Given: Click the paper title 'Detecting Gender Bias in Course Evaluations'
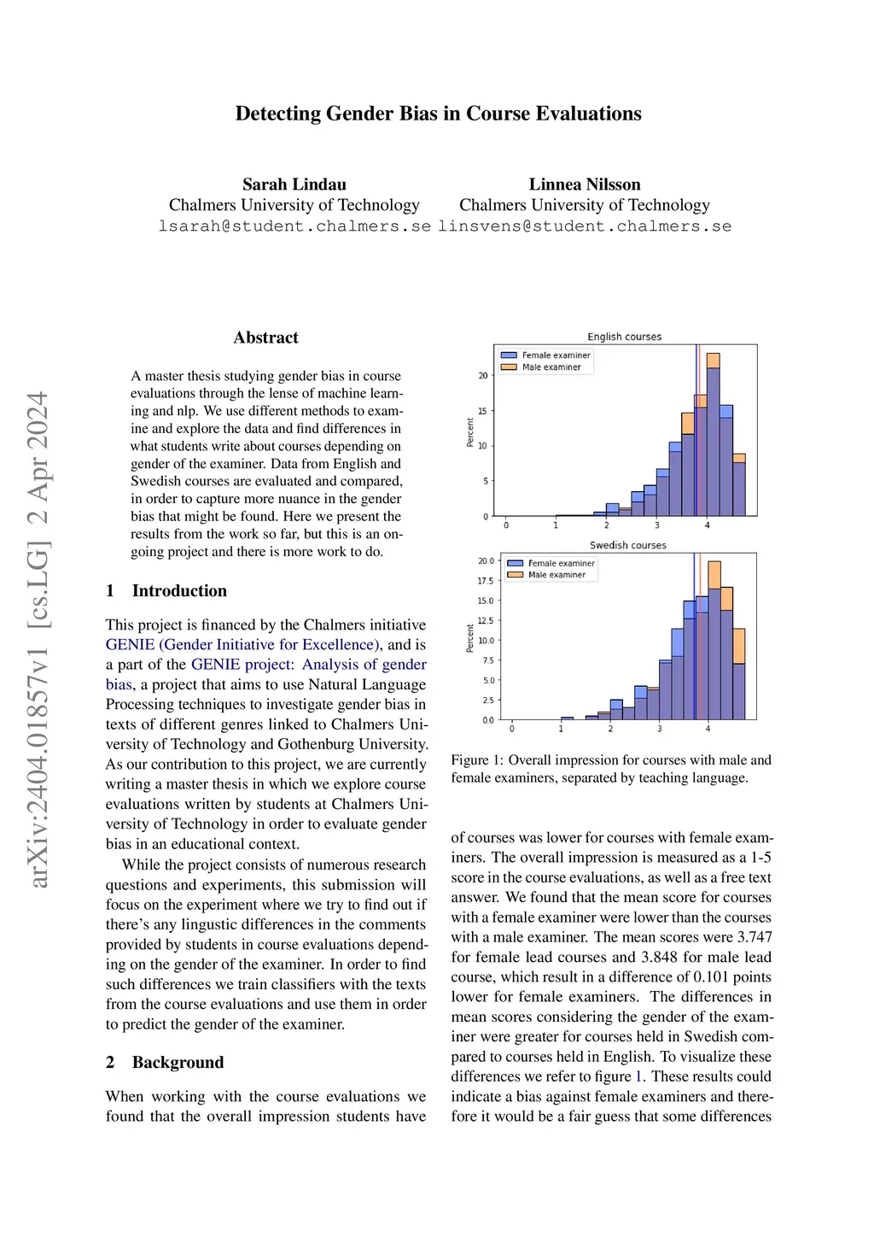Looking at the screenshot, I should coord(438,114).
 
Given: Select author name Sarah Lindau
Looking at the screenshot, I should coord(294,185).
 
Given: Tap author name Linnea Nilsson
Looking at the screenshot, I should coord(585,185).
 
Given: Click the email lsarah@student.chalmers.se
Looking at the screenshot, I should coord(294,226).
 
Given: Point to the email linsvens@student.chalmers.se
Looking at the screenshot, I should coord(585,226).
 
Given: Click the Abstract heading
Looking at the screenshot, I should coord(266,337).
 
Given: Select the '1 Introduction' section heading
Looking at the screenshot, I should coord(166,591).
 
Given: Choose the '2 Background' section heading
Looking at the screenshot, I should coord(165,1063).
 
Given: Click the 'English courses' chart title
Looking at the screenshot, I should coord(624,337).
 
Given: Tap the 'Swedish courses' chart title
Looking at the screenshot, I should coord(627,545).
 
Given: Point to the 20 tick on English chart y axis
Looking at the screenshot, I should coord(483,376).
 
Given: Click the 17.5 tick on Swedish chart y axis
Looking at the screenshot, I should coord(485,581).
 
